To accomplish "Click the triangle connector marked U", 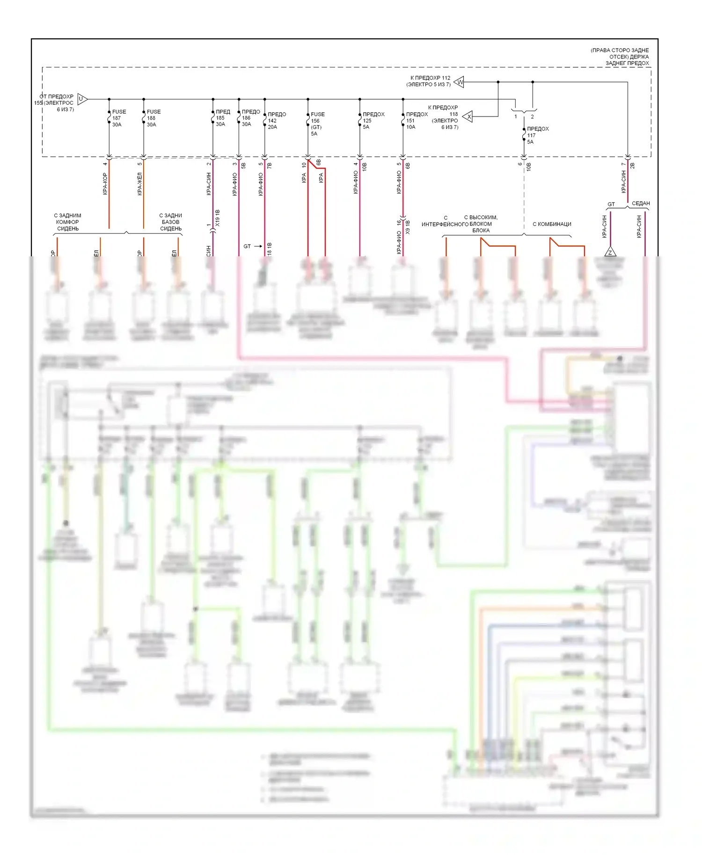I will pos(81,99).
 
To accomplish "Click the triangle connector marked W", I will pos(460,82).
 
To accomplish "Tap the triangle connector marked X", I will pos(468,116).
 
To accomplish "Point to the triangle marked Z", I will pos(610,253).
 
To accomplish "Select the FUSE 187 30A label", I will pos(118,118).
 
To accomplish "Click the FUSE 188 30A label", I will pos(153,118).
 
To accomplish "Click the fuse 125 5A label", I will pos(373,121).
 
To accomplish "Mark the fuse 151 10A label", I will pos(416,121).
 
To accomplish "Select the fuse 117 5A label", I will pos(537,135).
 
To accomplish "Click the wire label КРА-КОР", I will pos(105,184).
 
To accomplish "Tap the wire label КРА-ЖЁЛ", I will pos(140,184).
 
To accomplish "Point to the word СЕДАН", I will pos(641,203).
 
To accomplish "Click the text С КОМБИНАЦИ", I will pos(552,224).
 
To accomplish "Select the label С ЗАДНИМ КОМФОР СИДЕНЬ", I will pos(68,222).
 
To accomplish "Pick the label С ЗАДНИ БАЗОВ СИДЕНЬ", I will pos(171,222).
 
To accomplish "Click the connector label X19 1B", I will pos(218,218).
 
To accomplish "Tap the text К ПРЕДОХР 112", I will pos(430,78).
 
